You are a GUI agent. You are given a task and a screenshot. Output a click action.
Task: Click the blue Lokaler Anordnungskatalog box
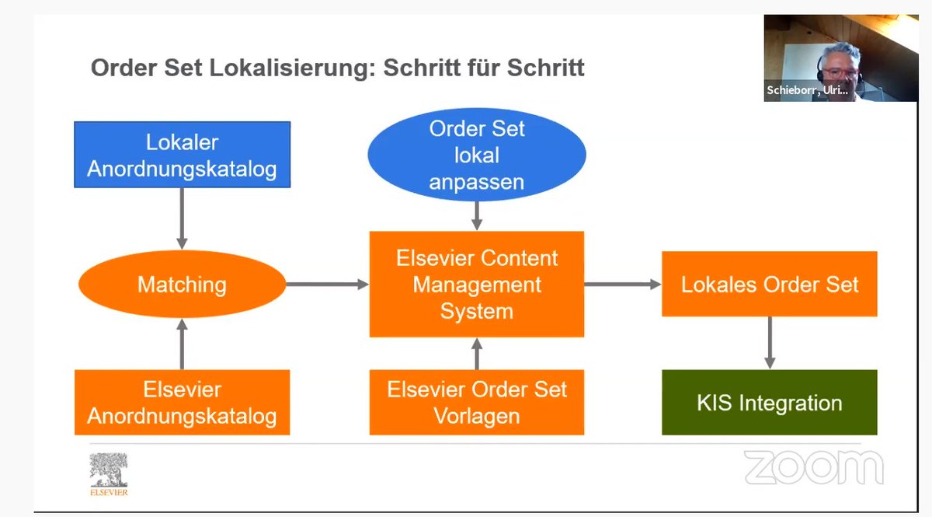point(182,155)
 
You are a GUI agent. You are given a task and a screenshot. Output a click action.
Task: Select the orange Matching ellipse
point(182,285)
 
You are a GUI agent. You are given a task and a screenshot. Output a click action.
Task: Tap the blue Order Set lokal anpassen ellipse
point(477,155)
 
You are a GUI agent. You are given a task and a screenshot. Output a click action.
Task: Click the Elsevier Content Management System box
point(476,285)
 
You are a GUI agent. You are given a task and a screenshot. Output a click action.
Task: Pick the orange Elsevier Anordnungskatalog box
point(182,402)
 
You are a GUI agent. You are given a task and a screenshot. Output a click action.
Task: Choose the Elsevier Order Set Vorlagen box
point(476,402)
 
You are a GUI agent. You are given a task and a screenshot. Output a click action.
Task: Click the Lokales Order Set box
point(769,284)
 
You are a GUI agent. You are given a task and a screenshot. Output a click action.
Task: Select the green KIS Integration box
point(769,403)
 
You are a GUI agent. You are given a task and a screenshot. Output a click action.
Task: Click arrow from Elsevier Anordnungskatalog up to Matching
point(182,344)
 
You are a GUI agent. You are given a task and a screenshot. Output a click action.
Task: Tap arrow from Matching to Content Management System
point(327,285)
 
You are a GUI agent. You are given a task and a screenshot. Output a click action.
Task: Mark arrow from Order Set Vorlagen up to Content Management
point(477,354)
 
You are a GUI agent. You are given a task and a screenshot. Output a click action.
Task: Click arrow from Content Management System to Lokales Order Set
point(622,285)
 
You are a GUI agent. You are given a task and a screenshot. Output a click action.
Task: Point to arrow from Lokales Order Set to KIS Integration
point(769,342)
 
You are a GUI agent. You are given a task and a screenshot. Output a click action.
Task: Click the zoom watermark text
point(813,468)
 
